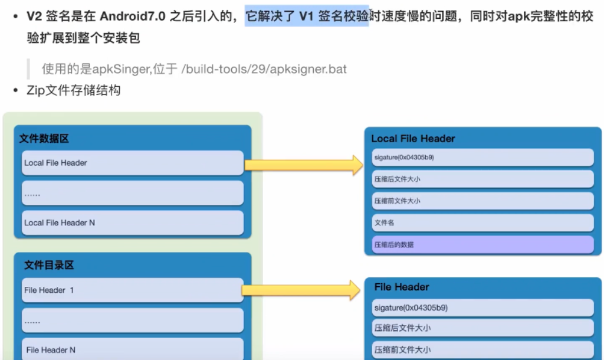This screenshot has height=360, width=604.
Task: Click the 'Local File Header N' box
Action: coord(133,222)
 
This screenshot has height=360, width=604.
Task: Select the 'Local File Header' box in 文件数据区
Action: coord(133,162)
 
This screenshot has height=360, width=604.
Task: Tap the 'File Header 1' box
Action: coord(133,290)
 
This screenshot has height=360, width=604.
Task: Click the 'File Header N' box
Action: coord(133,349)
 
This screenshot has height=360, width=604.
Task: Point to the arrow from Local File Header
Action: coord(304,165)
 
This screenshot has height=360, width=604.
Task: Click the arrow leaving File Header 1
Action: coord(301,290)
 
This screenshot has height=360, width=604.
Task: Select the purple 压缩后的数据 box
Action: coord(482,244)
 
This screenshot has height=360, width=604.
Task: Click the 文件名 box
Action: coord(482,222)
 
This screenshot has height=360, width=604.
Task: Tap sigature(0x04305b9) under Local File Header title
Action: coord(482,158)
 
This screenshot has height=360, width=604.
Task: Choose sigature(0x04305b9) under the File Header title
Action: coord(482,307)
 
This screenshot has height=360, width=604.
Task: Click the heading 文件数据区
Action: coord(44,139)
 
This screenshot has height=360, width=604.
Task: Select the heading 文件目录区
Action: coord(49,266)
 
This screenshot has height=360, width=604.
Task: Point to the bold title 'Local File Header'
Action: coord(413,139)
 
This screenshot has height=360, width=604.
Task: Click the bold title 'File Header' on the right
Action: coord(402,287)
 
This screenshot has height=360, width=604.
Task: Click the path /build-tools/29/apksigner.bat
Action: coord(264,69)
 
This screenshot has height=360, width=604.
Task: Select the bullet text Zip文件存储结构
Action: coord(74,91)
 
